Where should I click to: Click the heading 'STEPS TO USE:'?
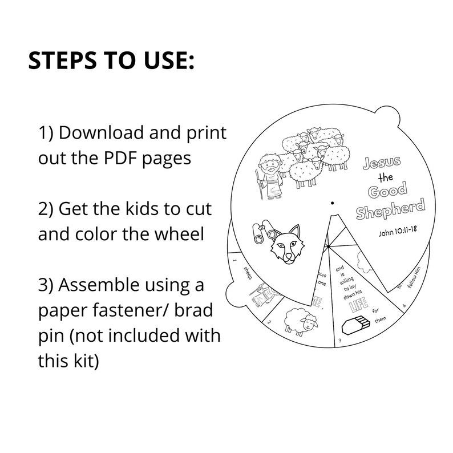tap(111, 61)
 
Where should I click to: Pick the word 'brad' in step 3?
tap(194, 310)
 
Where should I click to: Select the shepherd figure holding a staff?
tap(269, 176)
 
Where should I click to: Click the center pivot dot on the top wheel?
tap(332, 201)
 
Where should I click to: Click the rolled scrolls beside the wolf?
tap(264, 233)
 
